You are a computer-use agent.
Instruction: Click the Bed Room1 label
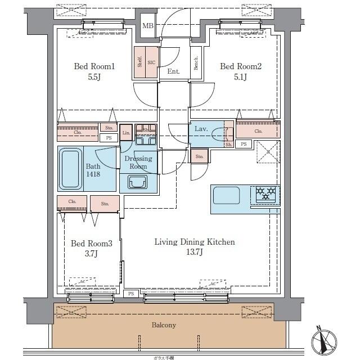click(x=94, y=67)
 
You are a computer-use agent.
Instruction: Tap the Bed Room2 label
click(x=241, y=67)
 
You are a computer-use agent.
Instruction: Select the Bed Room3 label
click(x=92, y=244)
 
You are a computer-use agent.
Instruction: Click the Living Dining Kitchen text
click(x=195, y=242)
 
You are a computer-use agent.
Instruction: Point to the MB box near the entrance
click(x=147, y=26)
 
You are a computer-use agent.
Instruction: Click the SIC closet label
click(x=151, y=63)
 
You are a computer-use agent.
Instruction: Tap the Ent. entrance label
click(x=174, y=71)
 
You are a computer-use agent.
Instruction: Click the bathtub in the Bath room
click(x=70, y=168)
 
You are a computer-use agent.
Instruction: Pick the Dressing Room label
click(x=138, y=163)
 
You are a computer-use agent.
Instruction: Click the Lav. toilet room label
click(x=201, y=129)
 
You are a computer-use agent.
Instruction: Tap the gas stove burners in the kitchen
click(x=267, y=194)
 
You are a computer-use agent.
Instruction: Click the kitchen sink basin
click(x=226, y=195)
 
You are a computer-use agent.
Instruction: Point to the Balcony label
click(x=164, y=325)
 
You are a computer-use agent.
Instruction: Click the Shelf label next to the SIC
click(x=139, y=62)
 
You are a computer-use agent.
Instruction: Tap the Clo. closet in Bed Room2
click(x=258, y=131)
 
